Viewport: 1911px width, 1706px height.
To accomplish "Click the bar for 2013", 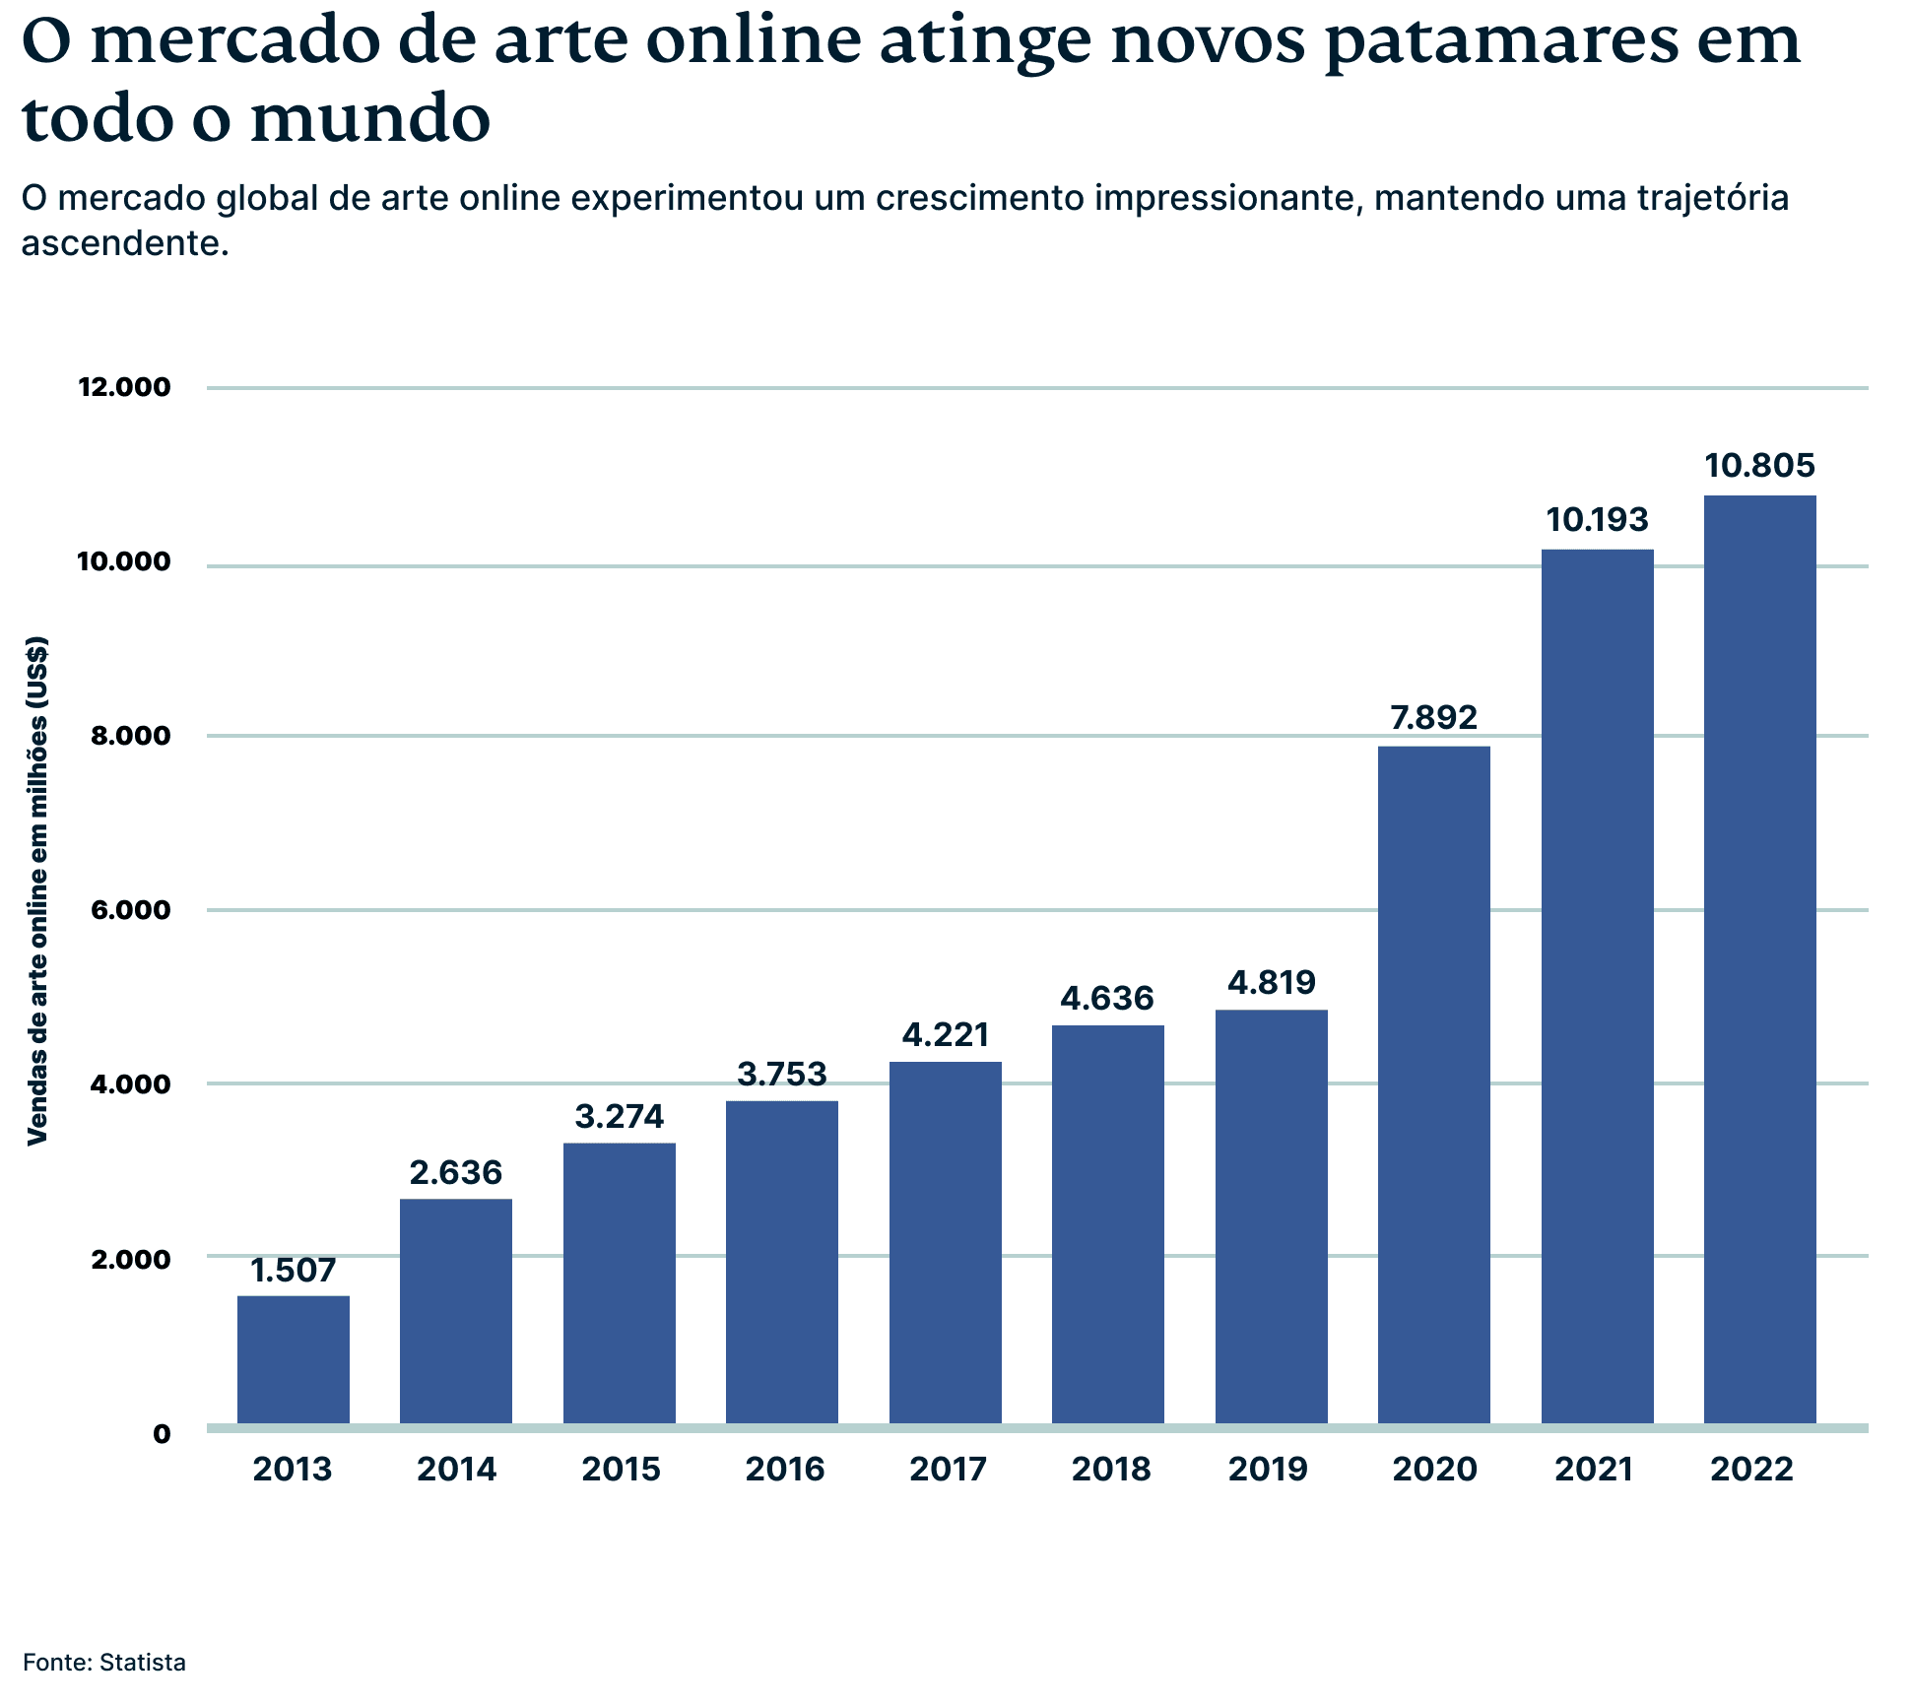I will pyautogui.click(x=294, y=1359).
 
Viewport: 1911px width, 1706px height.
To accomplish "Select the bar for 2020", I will pyautogui.click(x=1433, y=1083).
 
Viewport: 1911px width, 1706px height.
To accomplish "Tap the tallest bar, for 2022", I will pyautogui.click(x=1759, y=960).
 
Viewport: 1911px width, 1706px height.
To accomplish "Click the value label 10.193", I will pyautogui.click(x=1597, y=519).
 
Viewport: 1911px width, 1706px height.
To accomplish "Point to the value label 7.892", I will pyautogui.click(x=1433, y=717).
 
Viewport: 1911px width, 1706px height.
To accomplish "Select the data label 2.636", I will pyautogui.click(x=456, y=1172).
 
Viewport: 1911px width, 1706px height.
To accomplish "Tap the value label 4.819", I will pyautogui.click(x=1271, y=982).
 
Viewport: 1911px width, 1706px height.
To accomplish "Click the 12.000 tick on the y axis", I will pyautogui.click(x=124, y=387).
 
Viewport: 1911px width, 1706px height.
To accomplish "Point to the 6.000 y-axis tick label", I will pyautogui.click(x=130, y=910).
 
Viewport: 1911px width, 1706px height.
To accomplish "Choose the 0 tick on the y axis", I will pyautogui.click(x=162, y=1434).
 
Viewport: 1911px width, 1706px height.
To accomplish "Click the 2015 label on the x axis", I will pyautogui.click(x=621, y=1470).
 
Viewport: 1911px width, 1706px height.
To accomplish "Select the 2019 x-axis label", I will pyautogui.click(x=1268, y=1470).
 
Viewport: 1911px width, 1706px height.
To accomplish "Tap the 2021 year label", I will pyautogui.click(x=1594, y=1470).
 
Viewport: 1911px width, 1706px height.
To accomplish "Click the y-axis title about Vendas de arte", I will pyautogui.click(x=37, y=890).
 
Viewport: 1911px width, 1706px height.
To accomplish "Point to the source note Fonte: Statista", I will pyautogui.click(x=104, y=1663).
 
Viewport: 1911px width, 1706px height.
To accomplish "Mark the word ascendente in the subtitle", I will pyautogui.click(x=125, y=242).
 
